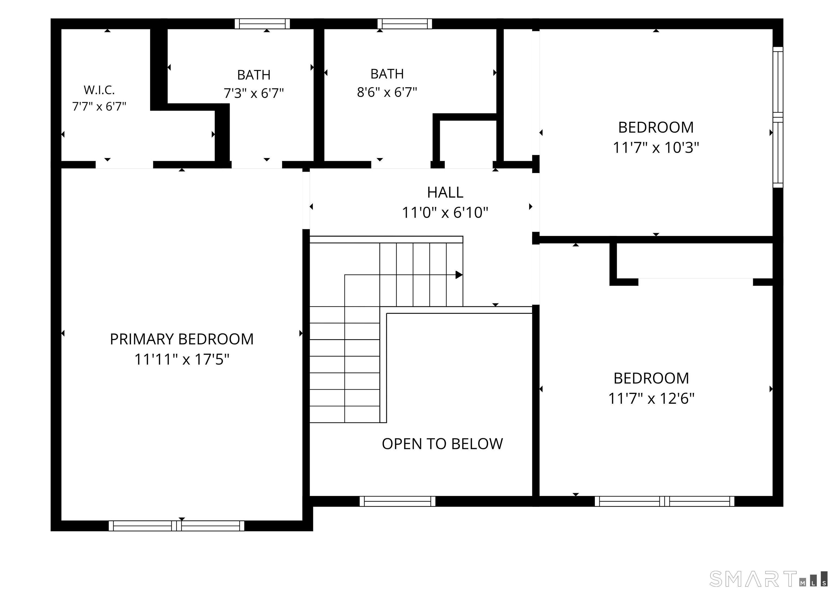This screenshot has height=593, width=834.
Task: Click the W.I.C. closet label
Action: point(99,90)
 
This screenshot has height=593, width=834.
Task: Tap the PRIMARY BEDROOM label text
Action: point(182,339)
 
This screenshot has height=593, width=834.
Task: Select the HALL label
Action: point(445,193)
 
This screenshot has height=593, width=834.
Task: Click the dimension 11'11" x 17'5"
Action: point(182,359)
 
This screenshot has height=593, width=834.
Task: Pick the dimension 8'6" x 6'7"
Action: point(387,92)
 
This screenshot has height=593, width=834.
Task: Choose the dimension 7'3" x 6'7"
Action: point(254,93)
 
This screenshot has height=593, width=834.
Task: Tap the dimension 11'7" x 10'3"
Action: point(656,148)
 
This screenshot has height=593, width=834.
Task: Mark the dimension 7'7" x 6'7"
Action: point(99,107)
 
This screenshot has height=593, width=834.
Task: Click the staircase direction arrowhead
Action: point(459,275)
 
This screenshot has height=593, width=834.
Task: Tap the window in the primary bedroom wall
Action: point(176,526)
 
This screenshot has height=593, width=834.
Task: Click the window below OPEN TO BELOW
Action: point(397,501)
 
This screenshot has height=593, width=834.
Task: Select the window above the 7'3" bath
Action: point(262,24)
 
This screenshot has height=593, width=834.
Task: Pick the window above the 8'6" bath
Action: point(405,24)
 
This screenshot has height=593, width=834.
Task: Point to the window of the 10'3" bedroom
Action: point(778,117)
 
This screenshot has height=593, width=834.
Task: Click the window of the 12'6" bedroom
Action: point(664,501)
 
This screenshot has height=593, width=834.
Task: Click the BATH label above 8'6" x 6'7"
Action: point(387,74)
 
